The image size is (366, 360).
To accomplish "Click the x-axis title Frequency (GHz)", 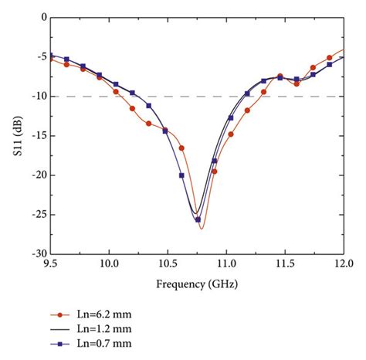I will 197,284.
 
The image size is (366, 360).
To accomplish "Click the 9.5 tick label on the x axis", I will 51,264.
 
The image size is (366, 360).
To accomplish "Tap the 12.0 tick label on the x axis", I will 343,264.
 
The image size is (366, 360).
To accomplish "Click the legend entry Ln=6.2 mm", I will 105,315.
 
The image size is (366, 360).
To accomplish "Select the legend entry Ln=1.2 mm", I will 105,328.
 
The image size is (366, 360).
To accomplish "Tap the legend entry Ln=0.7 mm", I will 105,341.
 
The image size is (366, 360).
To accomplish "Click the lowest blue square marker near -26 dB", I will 198,219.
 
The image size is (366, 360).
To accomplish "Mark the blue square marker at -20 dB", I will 181,175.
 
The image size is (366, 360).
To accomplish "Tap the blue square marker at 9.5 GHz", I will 51,55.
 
